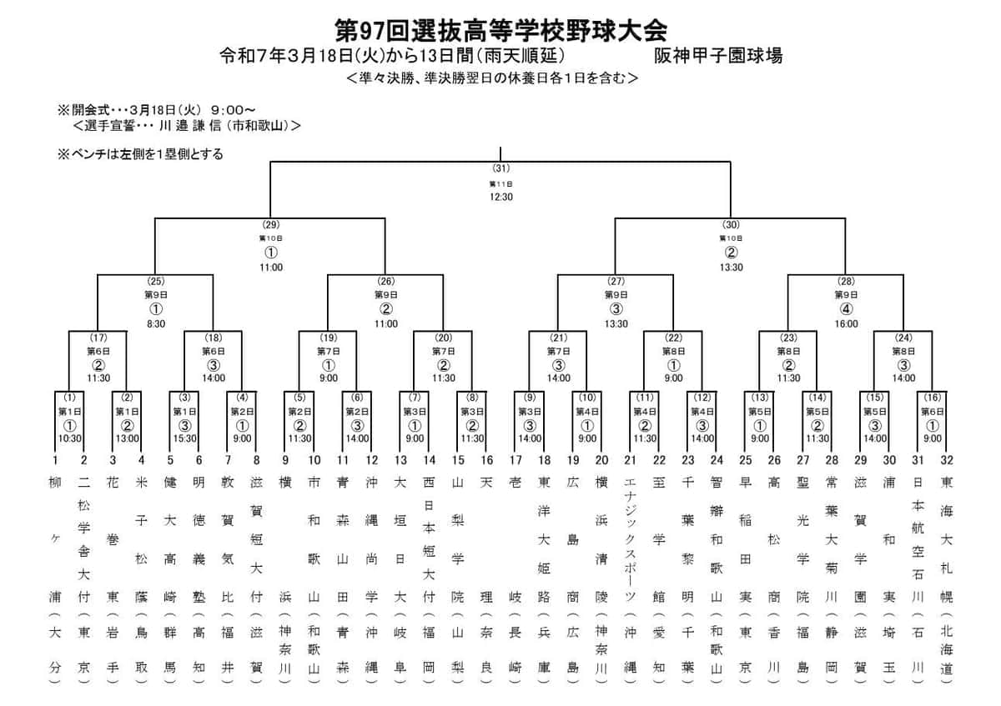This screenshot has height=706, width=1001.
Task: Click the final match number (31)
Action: coord(500,168)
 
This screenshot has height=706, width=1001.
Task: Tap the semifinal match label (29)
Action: coord(270,225)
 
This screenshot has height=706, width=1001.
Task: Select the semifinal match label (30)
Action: coord(731,225)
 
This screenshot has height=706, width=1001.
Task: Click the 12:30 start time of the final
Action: coord(500,198)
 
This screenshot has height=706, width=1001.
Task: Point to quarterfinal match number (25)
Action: coord(155,282)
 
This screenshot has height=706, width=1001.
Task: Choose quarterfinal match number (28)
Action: coord(846,282)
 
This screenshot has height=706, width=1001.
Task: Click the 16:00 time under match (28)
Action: coord(846,323)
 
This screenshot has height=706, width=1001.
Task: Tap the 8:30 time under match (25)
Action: coord(155,323)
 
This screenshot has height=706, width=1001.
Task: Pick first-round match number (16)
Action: coord(932,397)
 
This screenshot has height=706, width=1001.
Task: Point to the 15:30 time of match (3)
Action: coord(184,438)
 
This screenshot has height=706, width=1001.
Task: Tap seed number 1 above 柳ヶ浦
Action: coord(54,460)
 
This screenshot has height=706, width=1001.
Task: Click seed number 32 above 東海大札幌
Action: coord(947,460)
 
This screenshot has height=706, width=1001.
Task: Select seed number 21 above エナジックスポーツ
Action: coord(630,460)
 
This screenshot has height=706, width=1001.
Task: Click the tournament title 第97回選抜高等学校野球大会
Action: coord(500,31)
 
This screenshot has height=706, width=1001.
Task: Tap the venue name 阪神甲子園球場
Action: coord(718,56)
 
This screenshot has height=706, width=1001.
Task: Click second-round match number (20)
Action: coord(443,338)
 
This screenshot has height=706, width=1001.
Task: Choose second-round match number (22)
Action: coord(673,338)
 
